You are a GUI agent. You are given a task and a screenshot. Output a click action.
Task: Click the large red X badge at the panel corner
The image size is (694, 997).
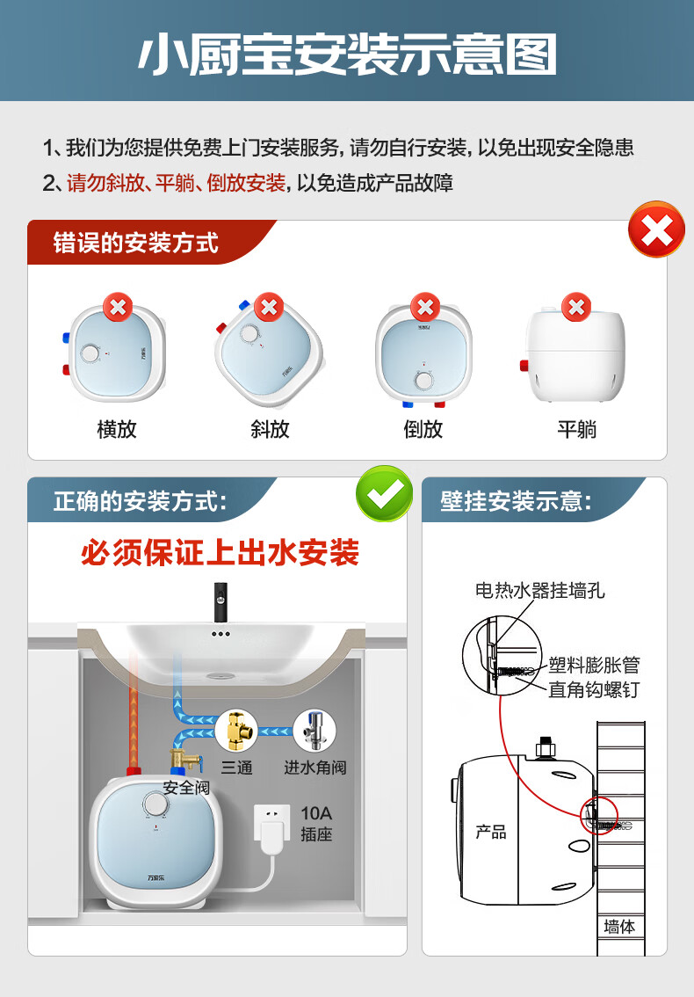[656, 229]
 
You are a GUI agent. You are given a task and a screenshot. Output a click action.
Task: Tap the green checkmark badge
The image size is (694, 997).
[385, 493]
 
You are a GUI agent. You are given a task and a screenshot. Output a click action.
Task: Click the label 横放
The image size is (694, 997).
[116, 429]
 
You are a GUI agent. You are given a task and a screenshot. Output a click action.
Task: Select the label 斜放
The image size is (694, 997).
[270, 429]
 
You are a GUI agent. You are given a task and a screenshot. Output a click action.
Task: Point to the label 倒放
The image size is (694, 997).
[423, 429]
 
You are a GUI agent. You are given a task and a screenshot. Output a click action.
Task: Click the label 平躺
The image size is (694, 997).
[576, 429]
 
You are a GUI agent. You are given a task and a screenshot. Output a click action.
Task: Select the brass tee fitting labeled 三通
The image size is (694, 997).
[236, 731]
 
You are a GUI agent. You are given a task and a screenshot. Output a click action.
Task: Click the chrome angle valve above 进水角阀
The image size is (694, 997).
[314, 731]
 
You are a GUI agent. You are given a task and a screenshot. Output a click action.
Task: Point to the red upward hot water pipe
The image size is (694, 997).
[134, 712]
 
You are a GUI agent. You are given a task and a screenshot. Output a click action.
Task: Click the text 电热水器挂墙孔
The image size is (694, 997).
[539, 591]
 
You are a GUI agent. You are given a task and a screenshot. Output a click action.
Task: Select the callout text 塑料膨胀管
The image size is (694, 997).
[594, 665]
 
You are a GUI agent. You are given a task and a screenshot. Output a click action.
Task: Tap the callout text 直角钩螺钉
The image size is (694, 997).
[594, 690]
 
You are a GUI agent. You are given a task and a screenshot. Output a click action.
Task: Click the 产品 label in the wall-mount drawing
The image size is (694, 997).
[490, 832]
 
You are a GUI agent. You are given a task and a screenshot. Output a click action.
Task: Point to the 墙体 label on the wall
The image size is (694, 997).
[619, 927]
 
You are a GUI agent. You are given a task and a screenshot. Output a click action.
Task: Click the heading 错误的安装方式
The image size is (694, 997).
[135, 243]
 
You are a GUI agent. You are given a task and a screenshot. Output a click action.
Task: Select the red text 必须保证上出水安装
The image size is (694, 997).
[220, 552]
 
